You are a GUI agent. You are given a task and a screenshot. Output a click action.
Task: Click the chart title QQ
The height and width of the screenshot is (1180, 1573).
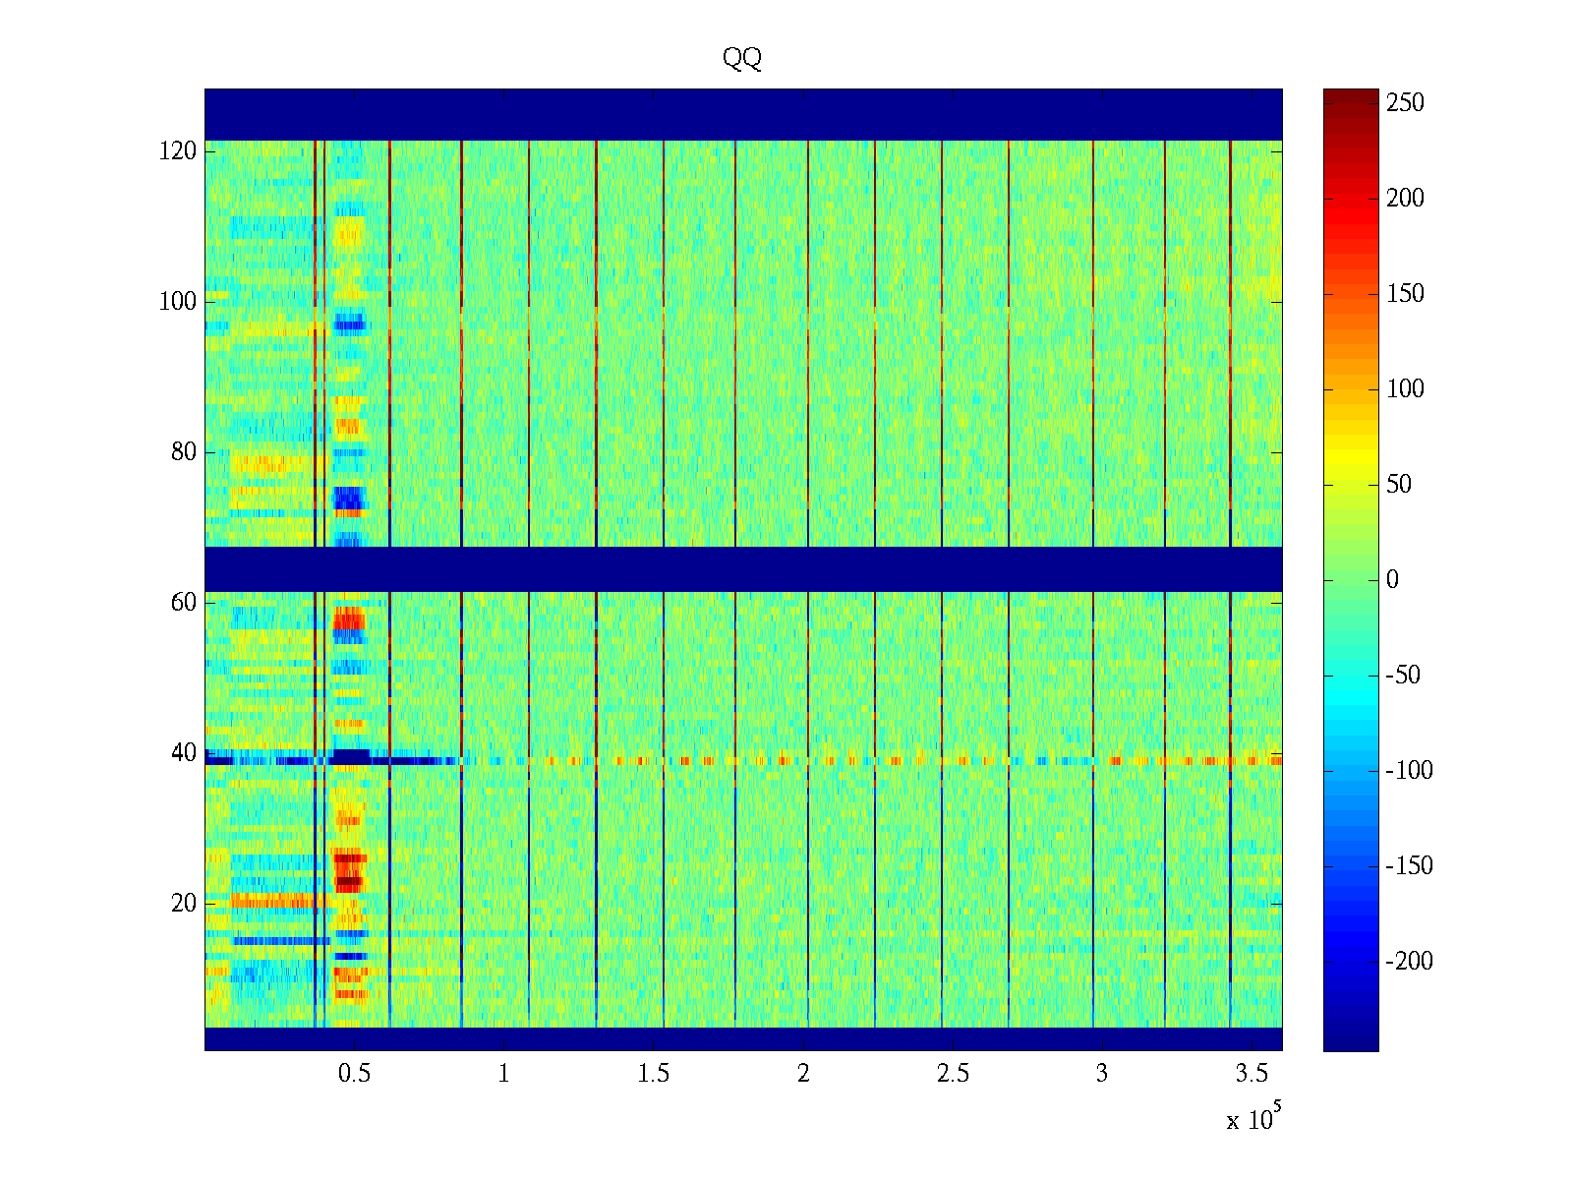742,59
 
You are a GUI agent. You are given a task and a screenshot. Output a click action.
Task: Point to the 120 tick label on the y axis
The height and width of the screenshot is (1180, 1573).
178,151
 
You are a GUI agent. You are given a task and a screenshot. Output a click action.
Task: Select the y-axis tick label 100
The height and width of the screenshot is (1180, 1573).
178,302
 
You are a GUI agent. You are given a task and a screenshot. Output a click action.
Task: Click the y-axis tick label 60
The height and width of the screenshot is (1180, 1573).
184,603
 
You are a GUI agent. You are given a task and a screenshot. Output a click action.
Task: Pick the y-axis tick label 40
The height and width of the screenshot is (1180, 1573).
184,753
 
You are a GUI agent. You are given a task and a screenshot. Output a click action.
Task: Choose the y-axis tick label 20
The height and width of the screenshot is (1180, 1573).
184,904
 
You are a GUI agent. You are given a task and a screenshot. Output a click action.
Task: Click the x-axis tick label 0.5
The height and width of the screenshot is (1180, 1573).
354,1074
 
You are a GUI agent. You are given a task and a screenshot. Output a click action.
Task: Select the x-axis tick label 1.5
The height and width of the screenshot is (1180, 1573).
654,1074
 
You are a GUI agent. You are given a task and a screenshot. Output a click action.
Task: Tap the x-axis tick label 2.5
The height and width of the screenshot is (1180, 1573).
953,1074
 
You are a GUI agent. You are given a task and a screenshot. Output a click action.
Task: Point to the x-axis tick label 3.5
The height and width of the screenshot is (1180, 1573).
1252,1074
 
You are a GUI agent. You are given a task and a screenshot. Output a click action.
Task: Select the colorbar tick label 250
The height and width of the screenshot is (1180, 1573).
1405,103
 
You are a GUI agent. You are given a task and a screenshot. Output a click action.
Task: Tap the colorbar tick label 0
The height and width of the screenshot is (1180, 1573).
1392,580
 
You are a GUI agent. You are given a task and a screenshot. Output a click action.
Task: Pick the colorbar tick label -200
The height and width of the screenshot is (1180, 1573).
1409,962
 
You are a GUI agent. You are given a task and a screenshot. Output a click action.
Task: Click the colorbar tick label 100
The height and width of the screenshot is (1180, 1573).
1405,389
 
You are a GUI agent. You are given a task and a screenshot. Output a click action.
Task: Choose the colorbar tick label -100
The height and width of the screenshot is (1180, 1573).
1409,771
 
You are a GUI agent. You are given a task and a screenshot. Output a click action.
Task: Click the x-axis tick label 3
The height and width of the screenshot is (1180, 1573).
1102,1074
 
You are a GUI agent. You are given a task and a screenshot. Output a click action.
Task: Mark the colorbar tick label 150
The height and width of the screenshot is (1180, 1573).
1405,294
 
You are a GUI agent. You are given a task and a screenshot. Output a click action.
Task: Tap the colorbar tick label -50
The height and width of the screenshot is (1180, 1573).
1404,676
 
